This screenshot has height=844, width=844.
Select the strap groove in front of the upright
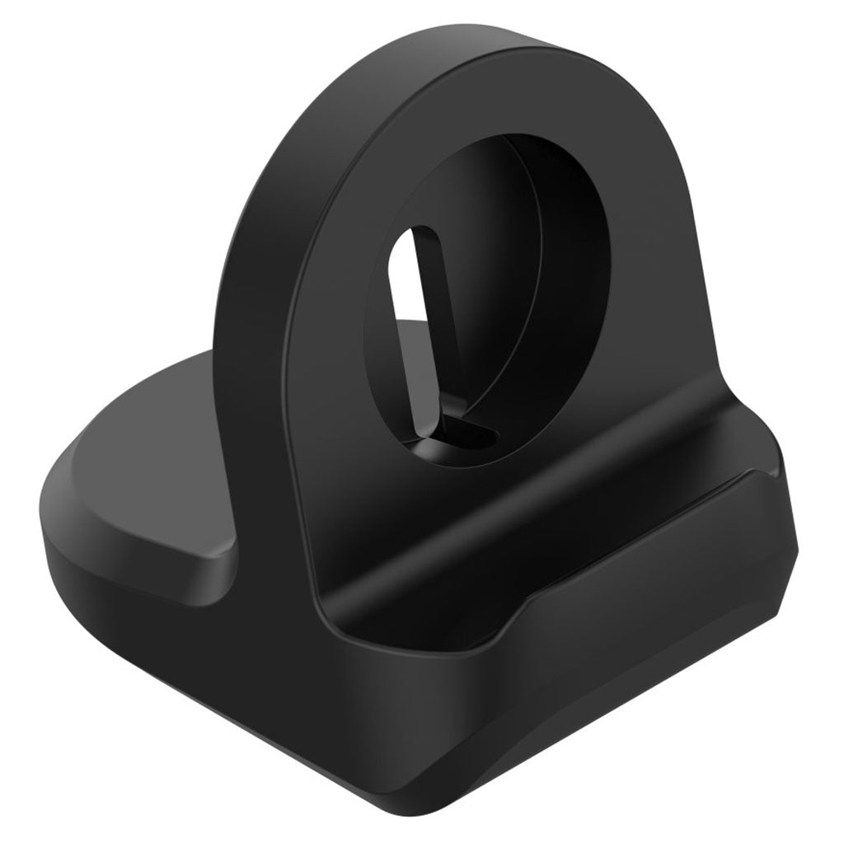pos(527,511)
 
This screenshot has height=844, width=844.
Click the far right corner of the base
pos(798,544)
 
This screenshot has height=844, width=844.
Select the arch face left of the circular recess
pos(346,272)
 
